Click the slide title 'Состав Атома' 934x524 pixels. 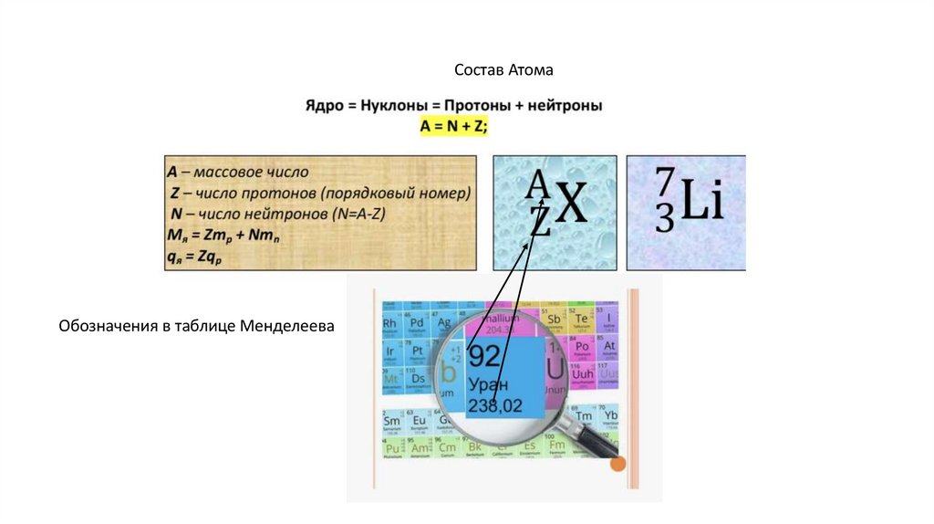[x=503, y=70]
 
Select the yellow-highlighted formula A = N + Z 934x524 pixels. [x=453, y=127]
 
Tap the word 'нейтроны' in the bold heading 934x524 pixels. [x=566, y=107]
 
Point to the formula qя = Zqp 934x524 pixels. [x=195, y=258]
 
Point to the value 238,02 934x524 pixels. [x=497, y=403]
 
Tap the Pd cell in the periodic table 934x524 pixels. [x=418, y=325]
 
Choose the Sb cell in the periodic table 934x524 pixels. [x=554, y=320]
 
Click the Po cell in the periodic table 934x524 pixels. [x=582, y=348]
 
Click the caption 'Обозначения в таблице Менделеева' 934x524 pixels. [x=197, y=326]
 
